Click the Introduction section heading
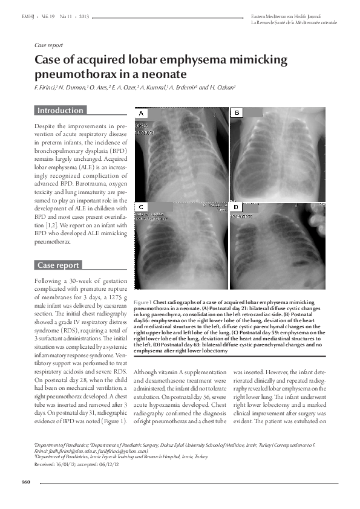(60, 111)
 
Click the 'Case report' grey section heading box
(58, 265)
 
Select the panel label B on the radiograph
(238, 113)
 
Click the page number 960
(25, 482)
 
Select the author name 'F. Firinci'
(47, 88)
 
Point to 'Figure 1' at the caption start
(143, 300)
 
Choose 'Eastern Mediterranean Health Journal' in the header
(286, 15)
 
